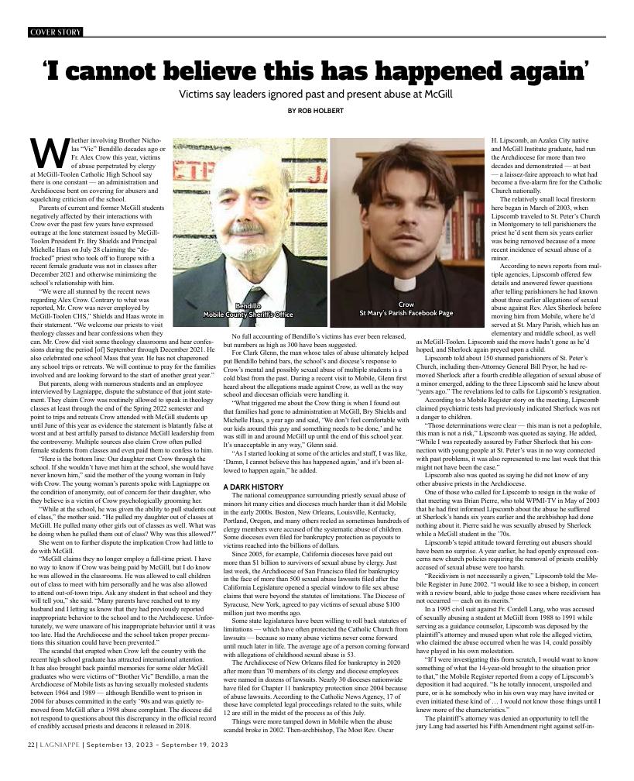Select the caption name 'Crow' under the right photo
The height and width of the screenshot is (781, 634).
pos(406,305)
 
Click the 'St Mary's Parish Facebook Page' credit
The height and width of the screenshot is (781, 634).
pos(406,314)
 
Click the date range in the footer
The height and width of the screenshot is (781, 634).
pos(159,766)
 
